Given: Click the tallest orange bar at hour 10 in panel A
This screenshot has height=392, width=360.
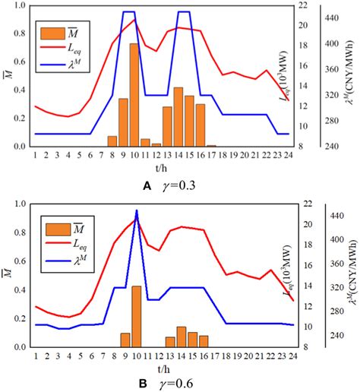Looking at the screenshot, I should point(134,95).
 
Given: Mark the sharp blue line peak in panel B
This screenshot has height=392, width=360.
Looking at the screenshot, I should point(137,210).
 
